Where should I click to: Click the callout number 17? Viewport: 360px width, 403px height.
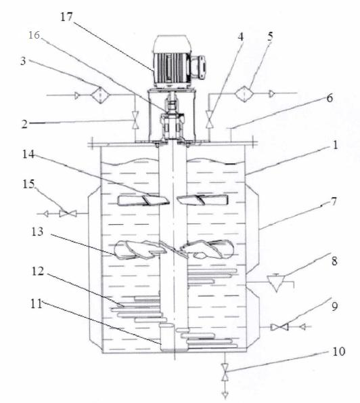pos(67,17)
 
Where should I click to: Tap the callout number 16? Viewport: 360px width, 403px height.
pos(34,35)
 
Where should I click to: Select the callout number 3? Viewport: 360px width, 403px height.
pos(24,61)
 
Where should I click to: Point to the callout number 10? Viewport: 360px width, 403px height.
pos(339,352)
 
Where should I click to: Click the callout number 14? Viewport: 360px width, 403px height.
pos(28,154)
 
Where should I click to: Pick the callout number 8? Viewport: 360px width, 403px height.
pos(334,261)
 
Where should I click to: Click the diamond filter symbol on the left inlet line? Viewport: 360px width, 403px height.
pos(100,95)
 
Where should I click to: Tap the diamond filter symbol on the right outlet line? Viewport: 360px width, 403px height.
pos(244,94)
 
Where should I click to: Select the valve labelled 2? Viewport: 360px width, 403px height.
pos(135,120)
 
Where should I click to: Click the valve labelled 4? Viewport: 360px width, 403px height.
pos(210,119)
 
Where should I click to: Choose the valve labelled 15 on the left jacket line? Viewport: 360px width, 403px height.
pos(68,213)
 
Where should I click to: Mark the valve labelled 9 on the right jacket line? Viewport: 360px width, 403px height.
pos(279,327)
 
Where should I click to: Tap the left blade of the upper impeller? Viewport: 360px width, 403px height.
pos(143,200)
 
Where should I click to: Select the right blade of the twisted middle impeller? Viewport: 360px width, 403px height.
pos(207,249)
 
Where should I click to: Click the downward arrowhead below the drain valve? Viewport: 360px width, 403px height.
pos(225,395)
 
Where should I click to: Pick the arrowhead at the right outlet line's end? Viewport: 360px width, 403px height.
pos(272,94)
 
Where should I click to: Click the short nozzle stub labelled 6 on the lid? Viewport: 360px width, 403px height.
pos(230,134)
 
